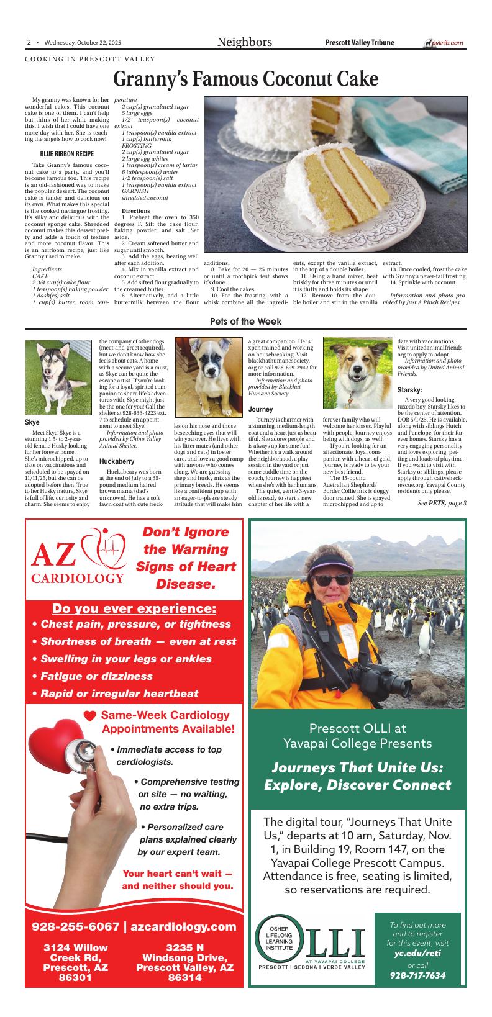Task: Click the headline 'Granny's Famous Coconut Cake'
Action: pos(246,79)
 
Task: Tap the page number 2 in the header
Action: pos(29,43)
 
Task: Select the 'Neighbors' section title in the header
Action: pos(244,42)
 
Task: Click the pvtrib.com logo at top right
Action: pos(444,43)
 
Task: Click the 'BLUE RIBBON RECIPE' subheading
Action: pos(67,153)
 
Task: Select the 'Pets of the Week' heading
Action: pos(245,322)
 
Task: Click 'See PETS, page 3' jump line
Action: pos(442,503)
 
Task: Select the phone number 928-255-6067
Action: pos(75,927)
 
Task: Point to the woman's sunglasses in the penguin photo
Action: pos(332,579)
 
